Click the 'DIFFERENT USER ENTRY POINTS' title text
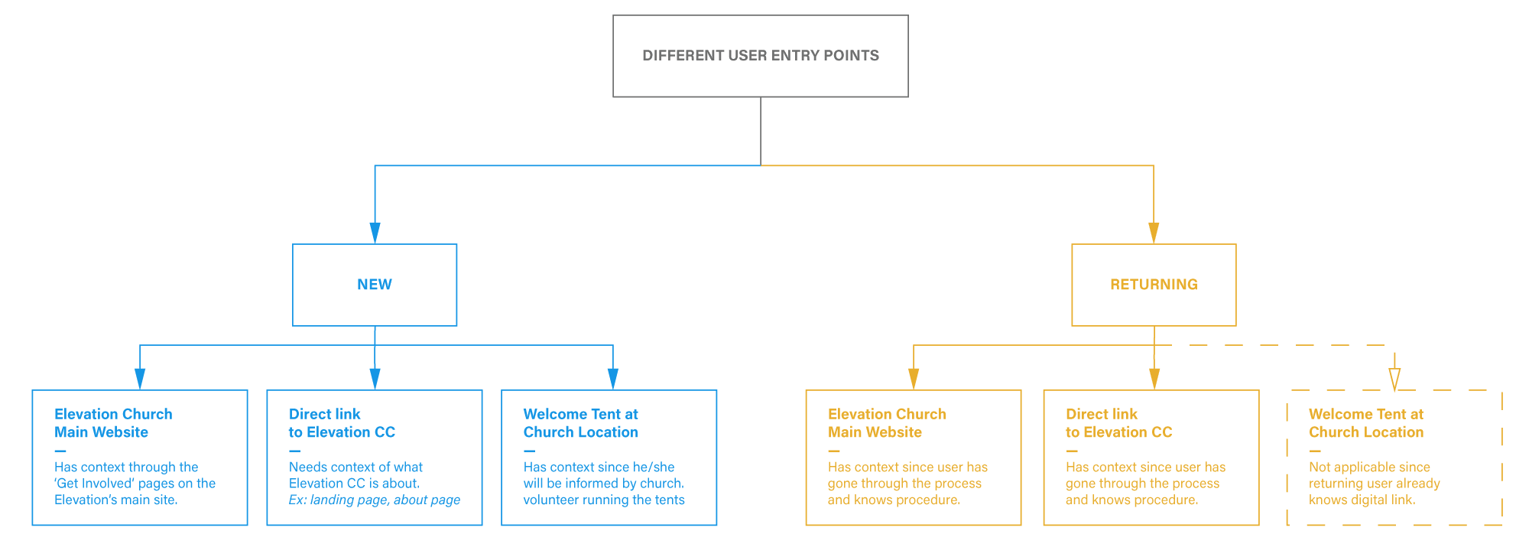click(x=761, y=55)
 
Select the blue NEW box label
click(x=375, y=285)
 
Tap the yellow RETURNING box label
click(x=1154, y=285)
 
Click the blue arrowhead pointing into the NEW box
click(x=375, y=233)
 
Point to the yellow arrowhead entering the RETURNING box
click(x=1154, y=233)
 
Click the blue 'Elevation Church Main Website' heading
click(x=113, y=423)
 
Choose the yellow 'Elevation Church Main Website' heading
click(x=887, y=423)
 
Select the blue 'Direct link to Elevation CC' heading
click(x=342, y=423)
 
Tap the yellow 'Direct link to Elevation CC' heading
click(x=1118, y=423)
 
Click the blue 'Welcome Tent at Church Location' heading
click(x=580, y=423)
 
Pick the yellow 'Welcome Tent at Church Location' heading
click(x=1366, y=423)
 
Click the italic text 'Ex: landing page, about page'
click(x=375, y=500)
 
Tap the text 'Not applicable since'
click(x=1369, y=467)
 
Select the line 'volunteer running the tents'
click(x=604, y=500)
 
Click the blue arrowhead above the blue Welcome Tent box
click(x=613, y=379)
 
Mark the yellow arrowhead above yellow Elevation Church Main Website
click(x=914, y=379)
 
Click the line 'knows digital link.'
click(x=1362, y=500)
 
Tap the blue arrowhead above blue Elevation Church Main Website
click(x=140, y=379)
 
